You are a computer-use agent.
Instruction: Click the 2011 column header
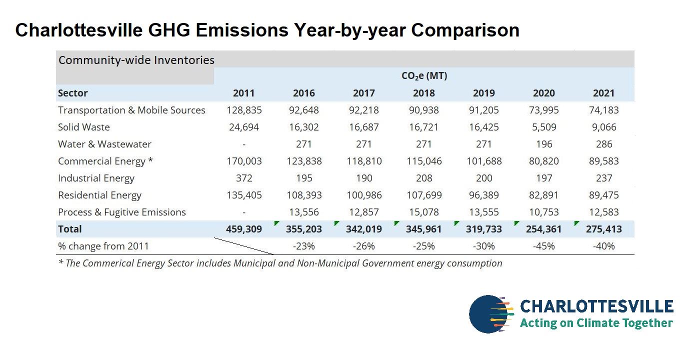tap(243, 93)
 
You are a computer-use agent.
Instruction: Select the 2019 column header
tap(483, 93)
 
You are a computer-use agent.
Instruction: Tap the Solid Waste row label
tap(84, 127)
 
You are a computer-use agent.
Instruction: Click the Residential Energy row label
tap(99, 195)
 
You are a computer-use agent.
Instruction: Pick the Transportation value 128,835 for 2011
tap(243, 110)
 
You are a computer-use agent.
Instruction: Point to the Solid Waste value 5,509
tap(544, 127)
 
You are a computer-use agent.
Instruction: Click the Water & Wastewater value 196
tap(544, 144)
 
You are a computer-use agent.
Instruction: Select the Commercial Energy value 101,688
tap(483, 161)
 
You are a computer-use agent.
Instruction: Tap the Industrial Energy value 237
tap(604, 178)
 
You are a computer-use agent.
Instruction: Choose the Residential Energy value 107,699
tap(423, 195)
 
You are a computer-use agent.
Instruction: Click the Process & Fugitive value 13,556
tap(303, 212)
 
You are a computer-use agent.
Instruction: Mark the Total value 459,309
tap(243, 229)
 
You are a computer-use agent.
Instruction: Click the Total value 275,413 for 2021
tap(604, 229)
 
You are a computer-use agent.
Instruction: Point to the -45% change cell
tap(544, 246)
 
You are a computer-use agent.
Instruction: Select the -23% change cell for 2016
tap(303, 246)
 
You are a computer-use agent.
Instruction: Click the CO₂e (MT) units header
tap(424, 76)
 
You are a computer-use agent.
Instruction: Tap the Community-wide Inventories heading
tap(136, 60)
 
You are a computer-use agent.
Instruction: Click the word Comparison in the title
tap(465, 30)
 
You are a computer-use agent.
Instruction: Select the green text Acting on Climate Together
tap(596, 323)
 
